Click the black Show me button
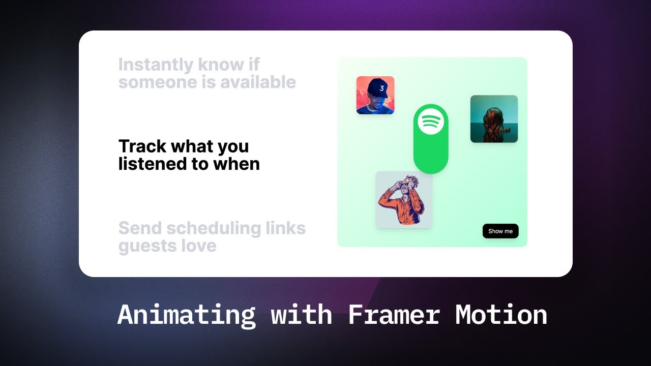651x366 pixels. coord(500,231)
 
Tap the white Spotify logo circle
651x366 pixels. coord(431,121)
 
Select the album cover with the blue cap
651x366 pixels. coord(375,95)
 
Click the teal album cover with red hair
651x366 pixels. coord(494,119)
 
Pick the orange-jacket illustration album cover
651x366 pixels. coord(403,200)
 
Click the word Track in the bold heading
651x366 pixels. coord(142,146)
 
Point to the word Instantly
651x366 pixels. coord(156,65)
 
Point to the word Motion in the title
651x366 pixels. coord(501,315)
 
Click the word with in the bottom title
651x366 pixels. coord(302,315)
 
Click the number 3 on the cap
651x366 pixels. coord(381,88)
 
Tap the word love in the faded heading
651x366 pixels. coord(199,246)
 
